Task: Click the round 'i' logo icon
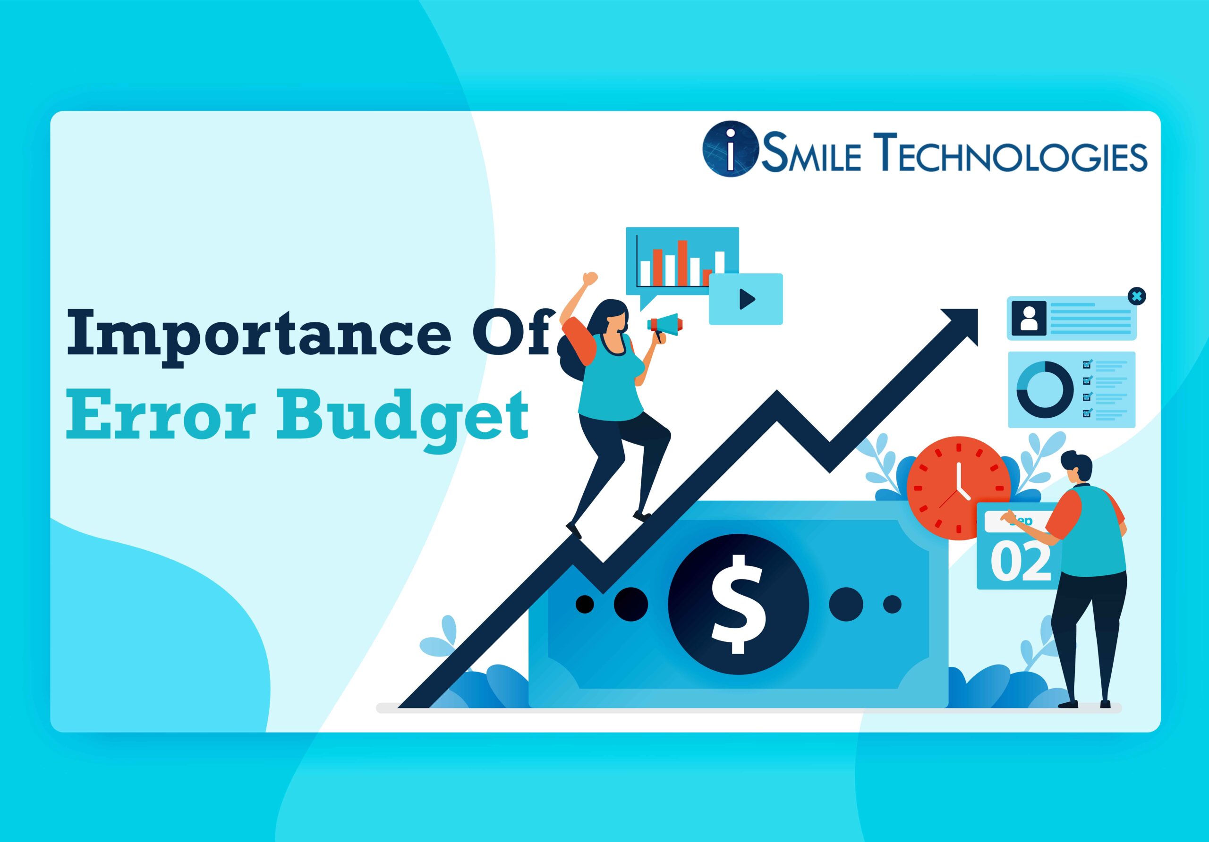tap(730, 150)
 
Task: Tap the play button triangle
tap(747, 299)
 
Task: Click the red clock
tap(958, 488)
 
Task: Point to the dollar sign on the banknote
tap(738, 604)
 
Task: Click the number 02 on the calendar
tap(1021, 562)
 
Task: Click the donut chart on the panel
tap(1045, 390)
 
